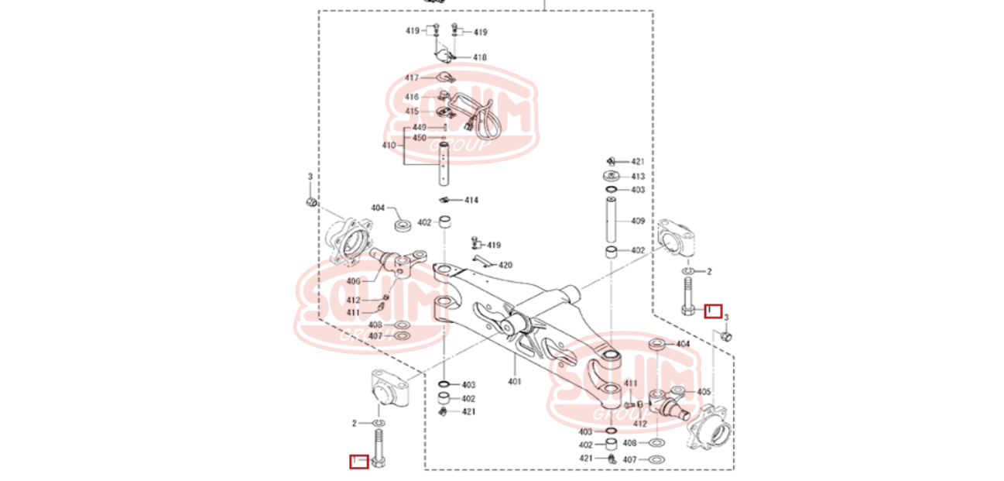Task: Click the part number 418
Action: (480, 57)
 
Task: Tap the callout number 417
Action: (411, 78)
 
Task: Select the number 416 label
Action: (411, 97)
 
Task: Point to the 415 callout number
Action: (411, 112)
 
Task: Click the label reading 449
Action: (419, 128)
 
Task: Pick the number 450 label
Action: (419, 138)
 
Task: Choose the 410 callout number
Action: (389, 146)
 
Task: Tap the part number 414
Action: (471, 200)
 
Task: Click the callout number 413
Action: (638, 177)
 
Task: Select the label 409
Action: (638, 221)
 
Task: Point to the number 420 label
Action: (505, 265)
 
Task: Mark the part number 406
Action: (353, 281)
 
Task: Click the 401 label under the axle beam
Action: (515, 381)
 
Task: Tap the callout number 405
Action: (704, 392)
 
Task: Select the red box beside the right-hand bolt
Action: (713, 311)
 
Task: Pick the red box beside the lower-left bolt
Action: (358, 462)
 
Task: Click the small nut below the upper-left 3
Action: (309, 203)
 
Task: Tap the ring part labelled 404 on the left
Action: (403, 225)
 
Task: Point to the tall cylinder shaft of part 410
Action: (445, 163)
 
